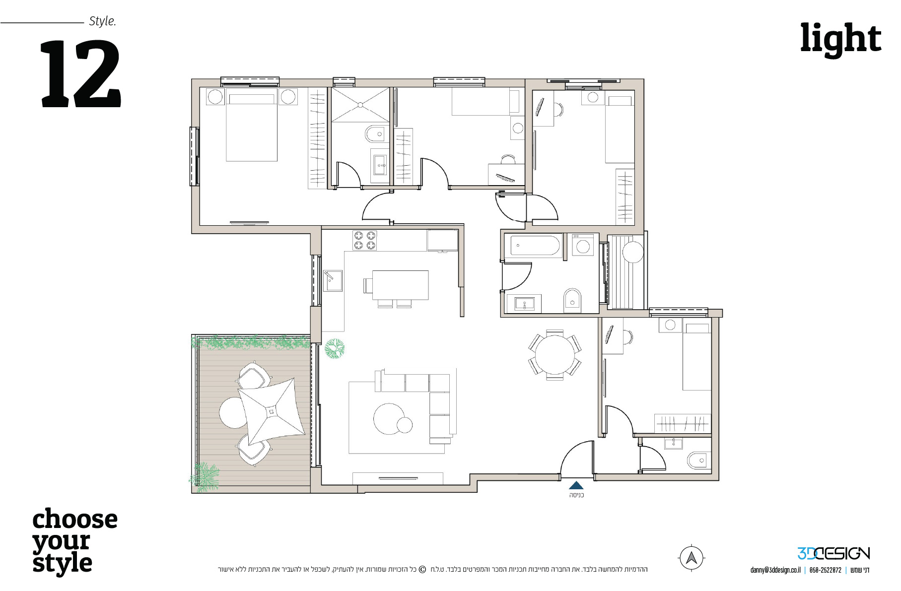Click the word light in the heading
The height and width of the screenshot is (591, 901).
(840, 39)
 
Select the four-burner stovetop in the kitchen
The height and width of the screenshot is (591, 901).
(365, 241)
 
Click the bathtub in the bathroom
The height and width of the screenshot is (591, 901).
(535, 246)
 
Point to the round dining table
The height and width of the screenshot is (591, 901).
(555, 354)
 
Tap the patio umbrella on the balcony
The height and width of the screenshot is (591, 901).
(271, 411)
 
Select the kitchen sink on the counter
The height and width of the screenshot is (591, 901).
(333, 281)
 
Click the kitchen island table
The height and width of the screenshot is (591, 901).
(400, 285)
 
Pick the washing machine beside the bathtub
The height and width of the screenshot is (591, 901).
(583, 245)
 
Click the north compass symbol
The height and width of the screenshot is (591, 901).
(692, 558)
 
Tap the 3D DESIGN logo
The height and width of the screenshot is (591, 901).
(833, 553)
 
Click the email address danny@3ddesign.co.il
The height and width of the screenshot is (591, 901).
(775, 570)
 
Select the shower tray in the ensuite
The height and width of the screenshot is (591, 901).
(360, 105)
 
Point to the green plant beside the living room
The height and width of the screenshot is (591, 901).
(335, 348)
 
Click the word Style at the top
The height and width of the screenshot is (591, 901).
(102, 21)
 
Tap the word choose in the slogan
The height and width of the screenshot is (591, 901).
(75, 520)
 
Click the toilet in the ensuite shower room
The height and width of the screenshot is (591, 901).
(375, 134)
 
